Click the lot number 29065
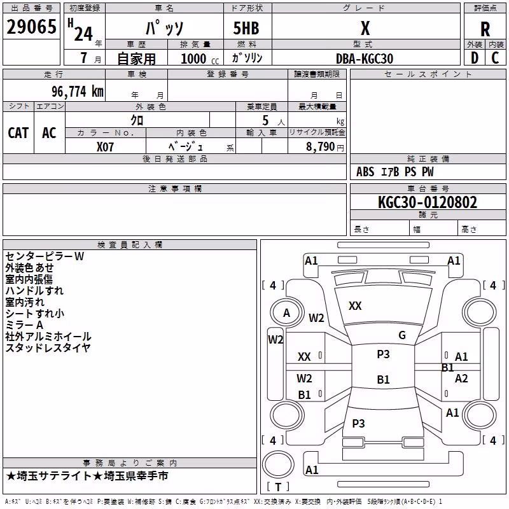pyautogui.click(x=31, y=27)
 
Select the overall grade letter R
pyautogui.click(x=485, y=29)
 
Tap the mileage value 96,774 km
pyautogui.click(x=78, y=92)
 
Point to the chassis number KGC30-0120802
pyautogui.click(x=428, y=202)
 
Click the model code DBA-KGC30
pyautogui.click(x=365, y=59)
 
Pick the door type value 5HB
pyautogui.click(x=246, y=28)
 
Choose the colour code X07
pyautogui.click(x=105, y=147)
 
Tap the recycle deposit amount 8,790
pyautogui.click(x=320, y=146)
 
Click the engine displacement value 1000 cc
pyautogui.click(x=200, y=59)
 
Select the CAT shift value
pyautogui.click(x=18, y=133)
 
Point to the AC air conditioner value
pyautogui.click(x=50, y=133)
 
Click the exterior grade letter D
pyautogui.click(x=475, y=58)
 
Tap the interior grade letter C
pyautogui.click(x=495, y=58)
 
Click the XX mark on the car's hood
pyautogui.click(x=355, y=306)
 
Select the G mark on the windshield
pyautogui.click(x=402, y=335)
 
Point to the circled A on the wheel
pyautogui.click(x=286, y=313)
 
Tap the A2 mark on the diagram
pyautogui.click(x=461, y=379)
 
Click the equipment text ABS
pyautogui.click(x=365, y=172)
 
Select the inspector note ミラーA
pyautogui.click(x=24, y=325)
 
